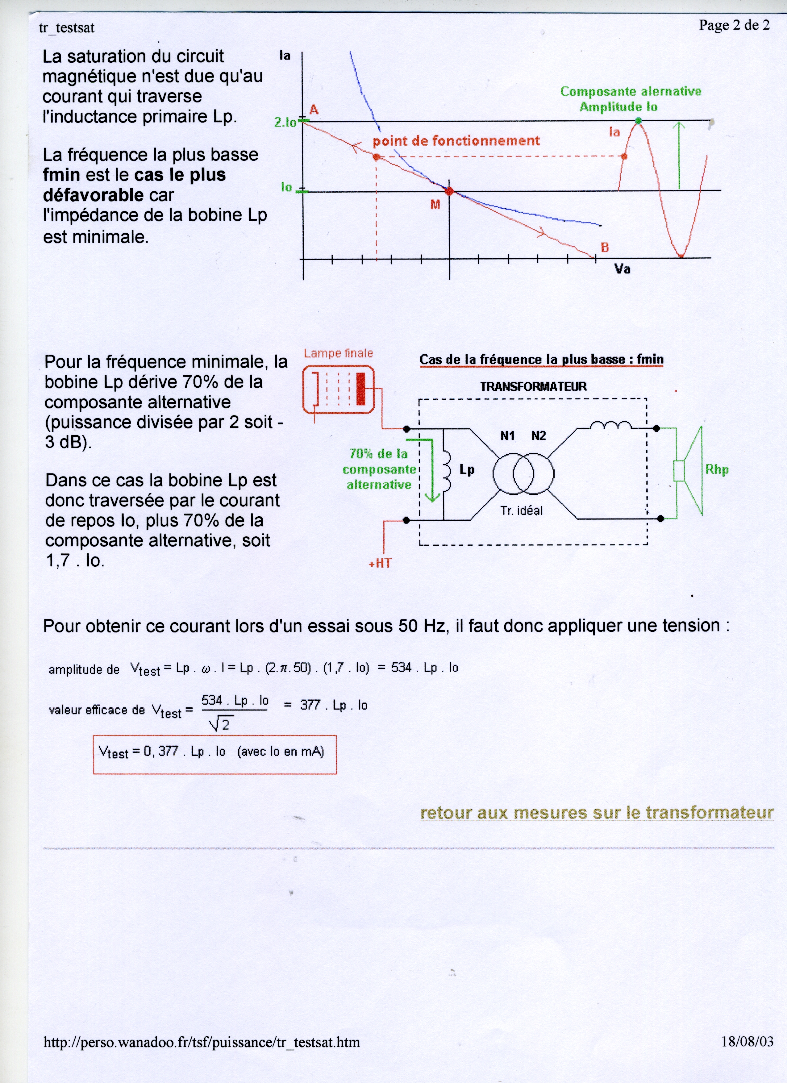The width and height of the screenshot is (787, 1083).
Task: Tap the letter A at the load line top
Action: click(314, 110)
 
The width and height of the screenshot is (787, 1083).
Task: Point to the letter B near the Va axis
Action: click(605, 247)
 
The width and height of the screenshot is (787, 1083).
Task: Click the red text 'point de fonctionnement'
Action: click(456, 141)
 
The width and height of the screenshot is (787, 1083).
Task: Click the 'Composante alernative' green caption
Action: click(630, 91)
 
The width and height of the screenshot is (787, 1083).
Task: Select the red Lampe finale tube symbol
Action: click(338, 389)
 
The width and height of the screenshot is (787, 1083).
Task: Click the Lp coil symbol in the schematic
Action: click(448, 473)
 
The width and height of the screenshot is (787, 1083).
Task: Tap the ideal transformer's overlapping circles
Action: click(523, 474)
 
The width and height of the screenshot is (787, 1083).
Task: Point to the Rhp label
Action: click(717, 469)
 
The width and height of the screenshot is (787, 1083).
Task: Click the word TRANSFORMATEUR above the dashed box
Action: click(533, 386)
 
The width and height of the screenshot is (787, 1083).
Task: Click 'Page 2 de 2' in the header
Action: click(734, 25)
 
